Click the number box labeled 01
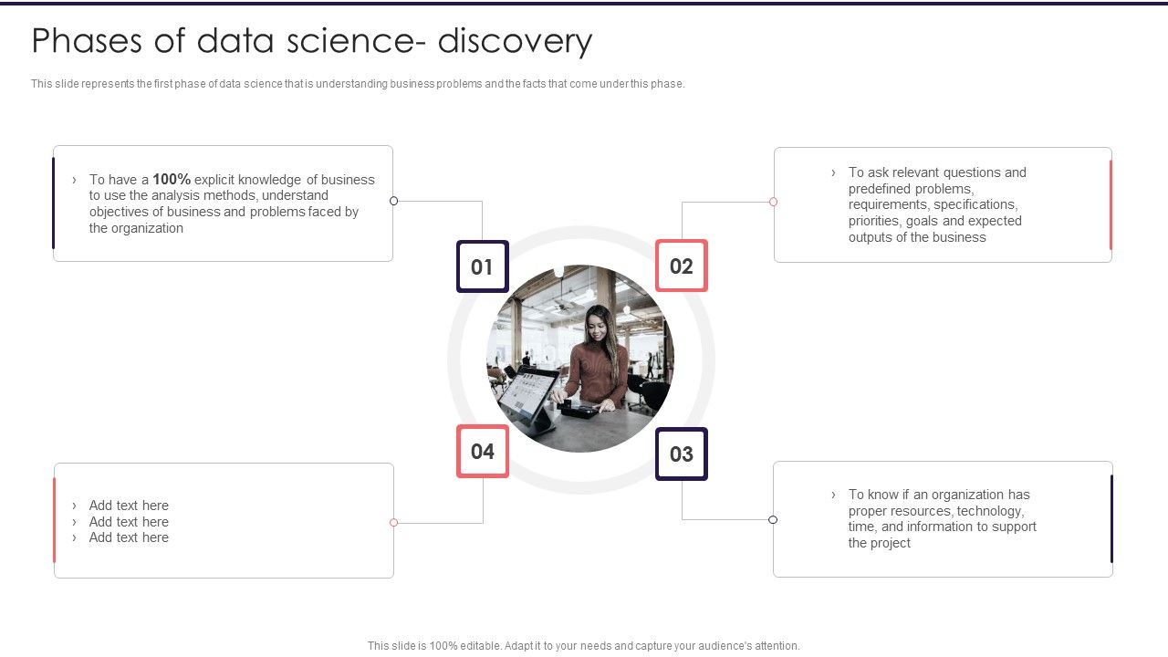pyautogui.click(x=482, y=266)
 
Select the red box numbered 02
pyautogui.click(x=682, y=266)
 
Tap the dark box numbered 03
pyautogui.click(x=682, y=454)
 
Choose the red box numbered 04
pyautogui.click(x=482, y=451)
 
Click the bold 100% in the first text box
pyautogui.click(x=172, y=180)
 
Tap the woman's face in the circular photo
pyautogui.click(x=597, y=325)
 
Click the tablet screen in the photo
pyautogui.click(x=527, y=393)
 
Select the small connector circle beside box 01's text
pyautogui.click(x=394, y=201)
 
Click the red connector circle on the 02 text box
pyautogui.click(x=773, y=202)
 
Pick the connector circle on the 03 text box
pyautogui.click(x=773, y=520)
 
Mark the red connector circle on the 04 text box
pyautogui.click(x=394, y=523)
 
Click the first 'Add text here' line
pyautogui.click(x=129, y=506)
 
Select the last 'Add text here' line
pyautogui.click(x=129, y=537)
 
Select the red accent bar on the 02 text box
pyautogui.click(x=1111, y=204)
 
